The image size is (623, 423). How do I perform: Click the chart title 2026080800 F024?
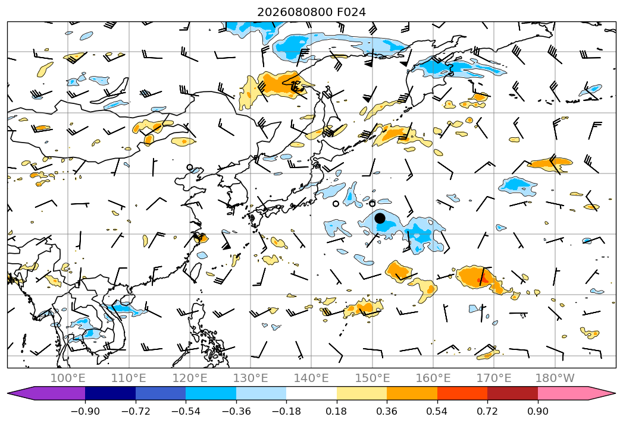pyautogui.click(x=311, y=12)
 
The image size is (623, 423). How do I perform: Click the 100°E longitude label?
pyautogui.click(x=68, y=378)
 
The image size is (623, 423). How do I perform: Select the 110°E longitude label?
pyautogui.click(x=129, y=378)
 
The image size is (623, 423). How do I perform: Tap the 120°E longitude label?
pyautogui.click(x=190, y=378)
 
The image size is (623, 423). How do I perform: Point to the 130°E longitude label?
pyautogui.click(x=251, y=378)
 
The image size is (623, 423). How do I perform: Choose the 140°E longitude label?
pyautogui.click(x=311, y=378)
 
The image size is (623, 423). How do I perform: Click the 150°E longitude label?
pyautogui.click(x=372, y=378)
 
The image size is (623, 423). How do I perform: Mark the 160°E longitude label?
pyautogui.click(x=433, y=378)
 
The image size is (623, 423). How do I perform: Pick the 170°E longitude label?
pyautogui.click(x=494, y=378)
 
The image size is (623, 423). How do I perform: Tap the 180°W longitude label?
pyautogui.click(x=555, y=378)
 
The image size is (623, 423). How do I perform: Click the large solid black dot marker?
pyautogui.click(x=380, y=218)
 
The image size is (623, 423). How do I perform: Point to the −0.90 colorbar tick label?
pyautogui.click(x=85, y=411)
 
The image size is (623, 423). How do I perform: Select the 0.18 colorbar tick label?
pyautogui.click(x=337, y=411)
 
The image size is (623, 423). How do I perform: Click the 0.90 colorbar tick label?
pyautogui.click(x=537, y=411)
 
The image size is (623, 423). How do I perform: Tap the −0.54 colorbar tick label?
pyautogui.click(x=186, y=411)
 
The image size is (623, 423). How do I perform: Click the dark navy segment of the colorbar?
pyautogui.click(x=110, y=393)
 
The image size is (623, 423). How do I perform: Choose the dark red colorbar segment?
pyautogui.click(x=512, y=393)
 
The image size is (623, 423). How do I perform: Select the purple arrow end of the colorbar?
pyautogui.click(x=46, y=393)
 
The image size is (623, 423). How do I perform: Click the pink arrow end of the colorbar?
pyautogui.click(x=577, y=393)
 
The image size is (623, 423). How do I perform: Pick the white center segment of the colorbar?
pyautogui.click(x=312, y=393)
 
